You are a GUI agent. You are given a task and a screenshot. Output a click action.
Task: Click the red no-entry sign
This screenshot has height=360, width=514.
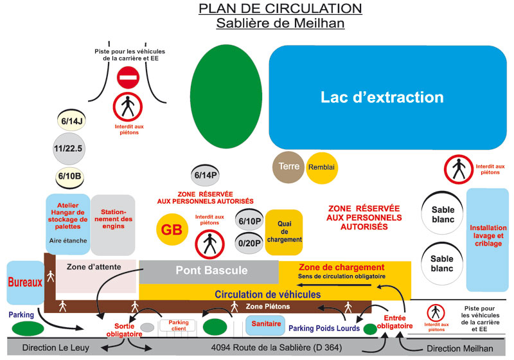click(128, 78)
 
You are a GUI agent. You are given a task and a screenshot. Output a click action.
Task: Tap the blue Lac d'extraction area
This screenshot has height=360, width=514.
click(382, 98)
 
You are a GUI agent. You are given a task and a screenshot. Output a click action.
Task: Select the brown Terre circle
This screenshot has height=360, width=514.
click(288, 166)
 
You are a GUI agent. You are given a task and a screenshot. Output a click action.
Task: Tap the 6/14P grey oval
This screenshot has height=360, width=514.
click(206, 175)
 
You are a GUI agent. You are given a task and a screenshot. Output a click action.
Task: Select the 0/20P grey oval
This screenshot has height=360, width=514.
click(249, 243)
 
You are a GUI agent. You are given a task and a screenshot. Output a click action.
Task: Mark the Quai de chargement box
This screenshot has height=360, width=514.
click(284, 231)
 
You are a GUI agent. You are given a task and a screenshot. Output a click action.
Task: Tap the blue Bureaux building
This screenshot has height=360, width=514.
click(24, 282)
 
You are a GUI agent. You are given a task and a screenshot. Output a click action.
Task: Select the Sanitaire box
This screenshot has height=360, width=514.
click(265, 325)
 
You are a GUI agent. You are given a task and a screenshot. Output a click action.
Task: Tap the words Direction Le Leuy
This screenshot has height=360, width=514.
click(55, 348)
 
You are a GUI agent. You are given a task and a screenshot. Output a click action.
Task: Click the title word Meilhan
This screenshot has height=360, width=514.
click(321, 24)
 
